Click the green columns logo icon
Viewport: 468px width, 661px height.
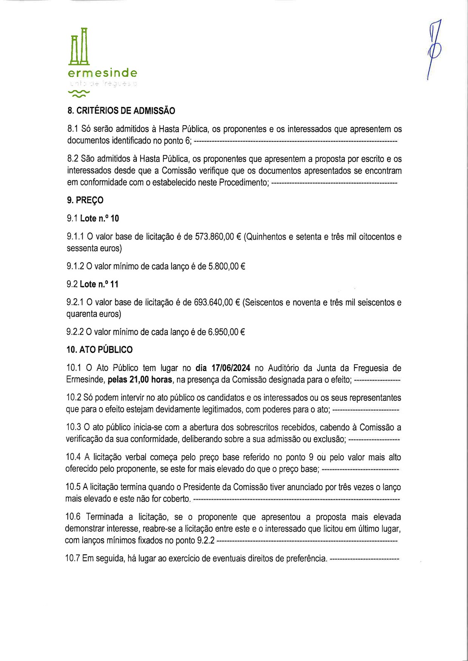79,46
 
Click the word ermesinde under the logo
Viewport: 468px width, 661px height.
102,74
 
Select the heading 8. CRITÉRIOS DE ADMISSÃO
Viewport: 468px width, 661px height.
121,111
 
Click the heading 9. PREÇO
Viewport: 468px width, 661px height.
85,200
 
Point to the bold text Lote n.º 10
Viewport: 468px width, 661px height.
99,219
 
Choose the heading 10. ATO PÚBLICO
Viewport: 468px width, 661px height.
99,350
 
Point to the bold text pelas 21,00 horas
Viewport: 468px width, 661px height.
140,380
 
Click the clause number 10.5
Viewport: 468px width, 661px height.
73,487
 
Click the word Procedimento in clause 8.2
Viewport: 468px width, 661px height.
244,182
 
